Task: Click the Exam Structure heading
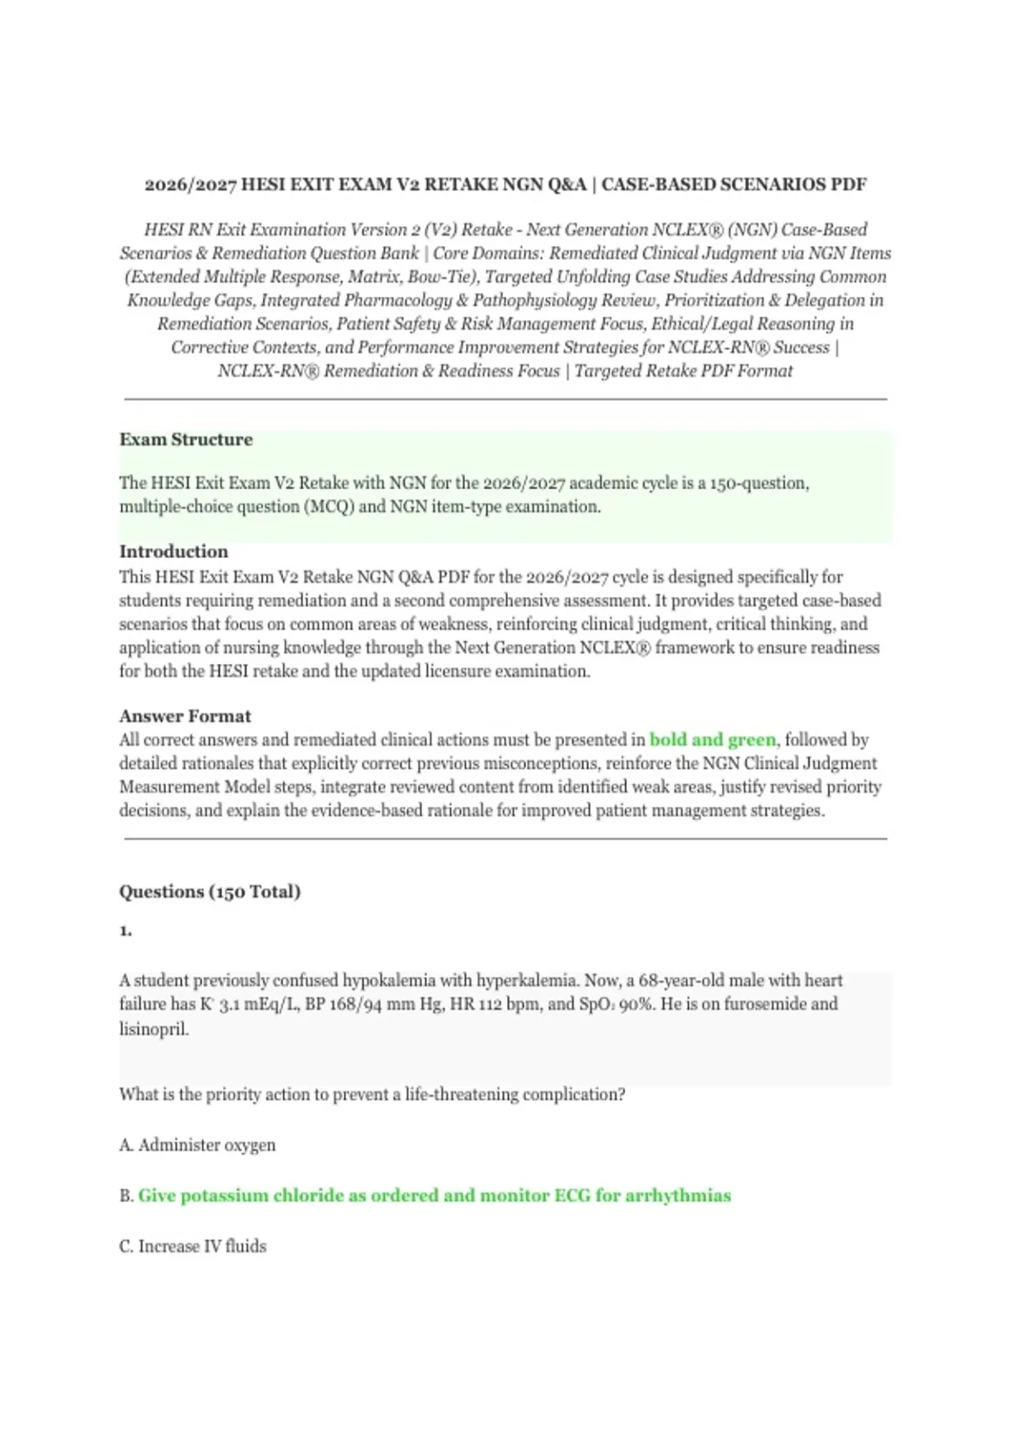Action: [185, 440]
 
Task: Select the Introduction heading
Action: [174, 552]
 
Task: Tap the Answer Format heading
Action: [185, 716]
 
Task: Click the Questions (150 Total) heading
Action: [210, 892]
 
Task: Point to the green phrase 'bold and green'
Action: [713, 740]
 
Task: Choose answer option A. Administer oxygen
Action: [198, 1146]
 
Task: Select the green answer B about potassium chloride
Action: [434, 1196]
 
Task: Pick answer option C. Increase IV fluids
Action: [193, 1247]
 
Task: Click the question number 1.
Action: [126, 931]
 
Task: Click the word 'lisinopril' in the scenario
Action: [153, 1029]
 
